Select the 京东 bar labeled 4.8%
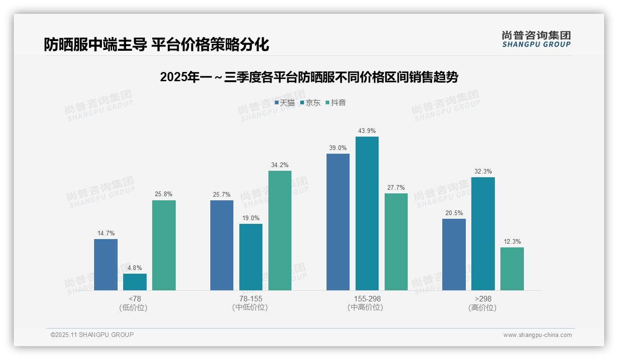(x=135, y=282)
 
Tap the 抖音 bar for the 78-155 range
(x=280, y=230)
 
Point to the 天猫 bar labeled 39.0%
(x=338, y=222)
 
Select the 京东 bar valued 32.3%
(x=483, y=234)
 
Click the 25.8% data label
(x=164, y=194)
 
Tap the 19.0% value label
(x=251, y=218)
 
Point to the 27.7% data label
(x=396, y=187)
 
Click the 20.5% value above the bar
(x=454, y=213)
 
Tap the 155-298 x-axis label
(x=367, y=299)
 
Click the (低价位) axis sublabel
(x=134, y=307)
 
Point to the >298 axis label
(x=483, y=299)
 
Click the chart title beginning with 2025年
(x=309, y=78)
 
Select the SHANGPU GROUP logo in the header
(x=536, y=39)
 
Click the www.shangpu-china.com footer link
(x=537, y=335)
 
